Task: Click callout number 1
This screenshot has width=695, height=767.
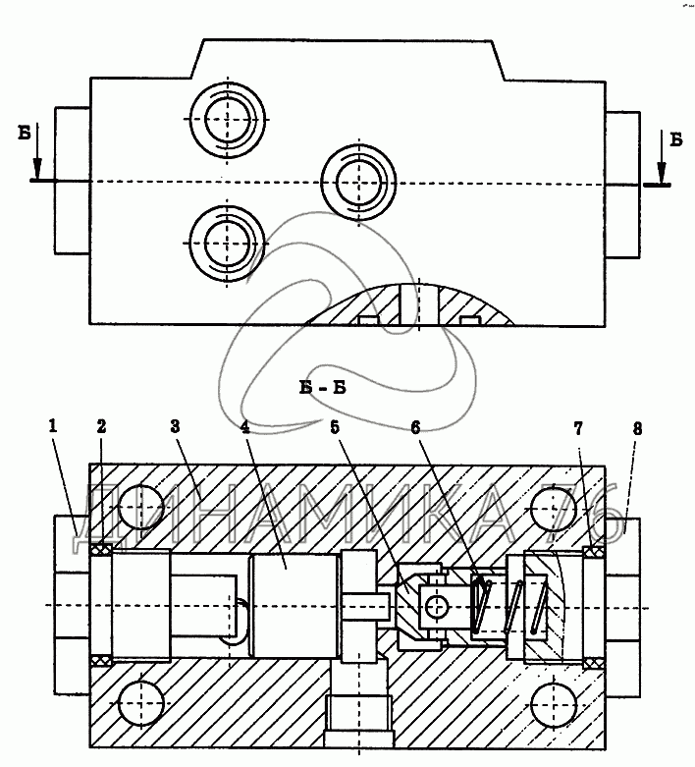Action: [x=52, y=426]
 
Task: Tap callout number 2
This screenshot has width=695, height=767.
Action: [x=101, y=427]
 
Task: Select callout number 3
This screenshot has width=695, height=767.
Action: [x=175, y=426]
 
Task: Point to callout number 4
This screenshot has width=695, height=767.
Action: [x=245, y=427]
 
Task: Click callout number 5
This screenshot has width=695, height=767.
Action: [x=335, y=427]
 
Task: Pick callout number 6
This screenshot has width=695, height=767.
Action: [x=415, y=428]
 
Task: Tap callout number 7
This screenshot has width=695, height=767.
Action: [x=578, y=429]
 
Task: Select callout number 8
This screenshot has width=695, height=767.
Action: [x=637, y=429]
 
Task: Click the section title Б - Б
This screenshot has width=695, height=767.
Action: [x=323, y=388]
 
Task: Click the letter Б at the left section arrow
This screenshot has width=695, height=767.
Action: [x=25, y=133]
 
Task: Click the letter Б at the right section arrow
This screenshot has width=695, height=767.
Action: [x=676, y=139]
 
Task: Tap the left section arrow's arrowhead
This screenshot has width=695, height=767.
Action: [x=37, y=169]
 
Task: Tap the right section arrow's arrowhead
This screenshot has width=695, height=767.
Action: [x=662, y=173]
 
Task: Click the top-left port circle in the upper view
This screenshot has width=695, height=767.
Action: [x=228, y=119]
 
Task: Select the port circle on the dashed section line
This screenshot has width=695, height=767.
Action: [x=359, y=182]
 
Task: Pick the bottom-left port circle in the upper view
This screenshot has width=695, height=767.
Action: [x=228, y=244]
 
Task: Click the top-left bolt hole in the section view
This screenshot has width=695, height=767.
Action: [x=141, y=507]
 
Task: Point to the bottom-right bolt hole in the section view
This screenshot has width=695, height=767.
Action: [x=555, y=705]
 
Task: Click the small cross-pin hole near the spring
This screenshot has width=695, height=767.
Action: [x=437, y=607]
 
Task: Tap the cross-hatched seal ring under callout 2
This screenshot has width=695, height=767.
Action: [x=101, y=550]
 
